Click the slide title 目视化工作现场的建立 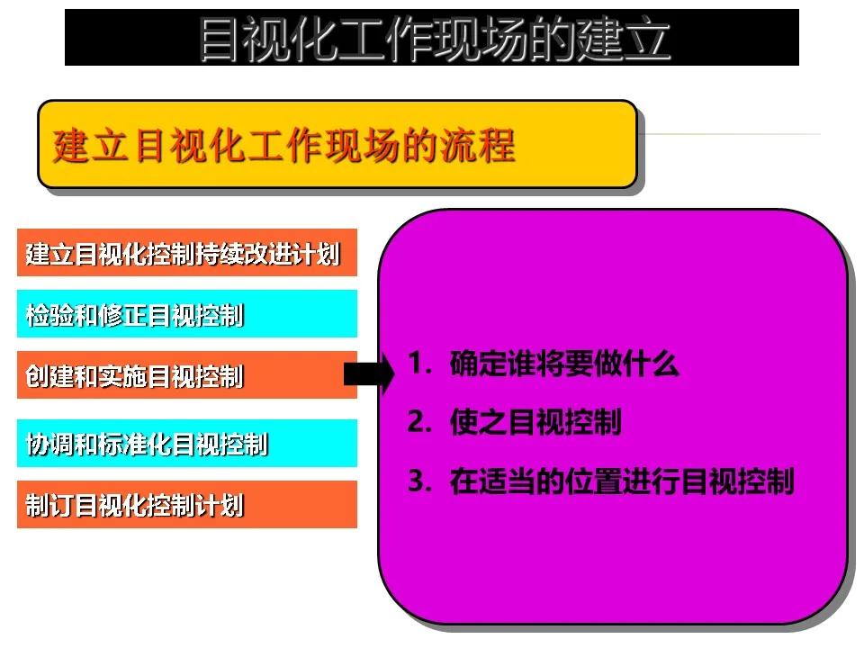tap(434, 39)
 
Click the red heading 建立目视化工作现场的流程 tap(283, 146)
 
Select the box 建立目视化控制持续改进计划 tap(187, 252)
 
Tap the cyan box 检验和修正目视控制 tap(187, 313)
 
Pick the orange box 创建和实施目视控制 tap(187, 374)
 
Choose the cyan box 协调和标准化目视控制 tap(187, 443)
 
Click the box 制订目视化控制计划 tap(187, 504)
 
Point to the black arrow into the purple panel tap(369, 374)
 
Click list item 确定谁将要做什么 tap(564, 364)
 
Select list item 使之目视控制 tap(535, 422)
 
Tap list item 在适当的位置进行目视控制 tap(622, 481)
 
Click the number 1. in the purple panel tap(420, 364)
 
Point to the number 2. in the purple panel tap(420, 422)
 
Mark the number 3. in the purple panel tap(420, 481)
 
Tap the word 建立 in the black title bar tap(624, 39)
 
